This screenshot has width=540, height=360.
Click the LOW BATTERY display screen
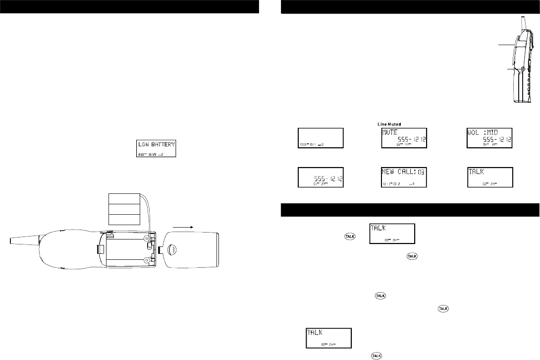(156, 148)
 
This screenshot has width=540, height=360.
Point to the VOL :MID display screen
(489, 137)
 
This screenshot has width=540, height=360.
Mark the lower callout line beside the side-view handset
(509, 69)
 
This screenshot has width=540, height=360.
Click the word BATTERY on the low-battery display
(165, 145)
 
